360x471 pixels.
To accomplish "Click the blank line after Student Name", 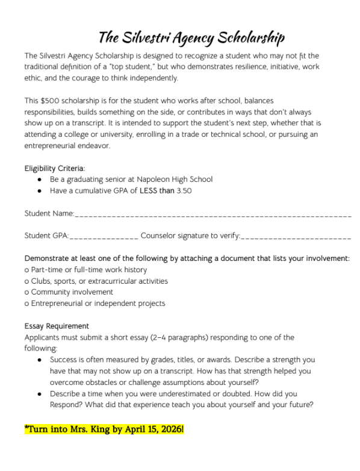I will coord(213,214).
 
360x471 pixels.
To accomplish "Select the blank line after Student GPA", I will coord(105,236).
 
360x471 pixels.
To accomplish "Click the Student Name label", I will coord(49,213).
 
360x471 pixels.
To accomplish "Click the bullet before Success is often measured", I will coord(39,360).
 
